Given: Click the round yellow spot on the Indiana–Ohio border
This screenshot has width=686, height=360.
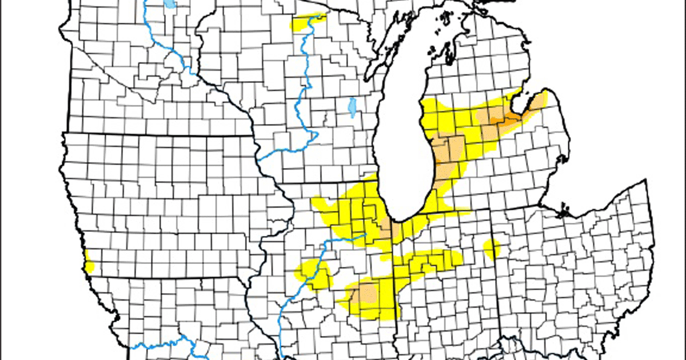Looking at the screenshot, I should (491, 249).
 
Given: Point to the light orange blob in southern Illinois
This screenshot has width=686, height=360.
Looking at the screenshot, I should (362, 294).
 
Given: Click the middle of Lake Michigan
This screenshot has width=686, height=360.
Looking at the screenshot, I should (403, 143).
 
